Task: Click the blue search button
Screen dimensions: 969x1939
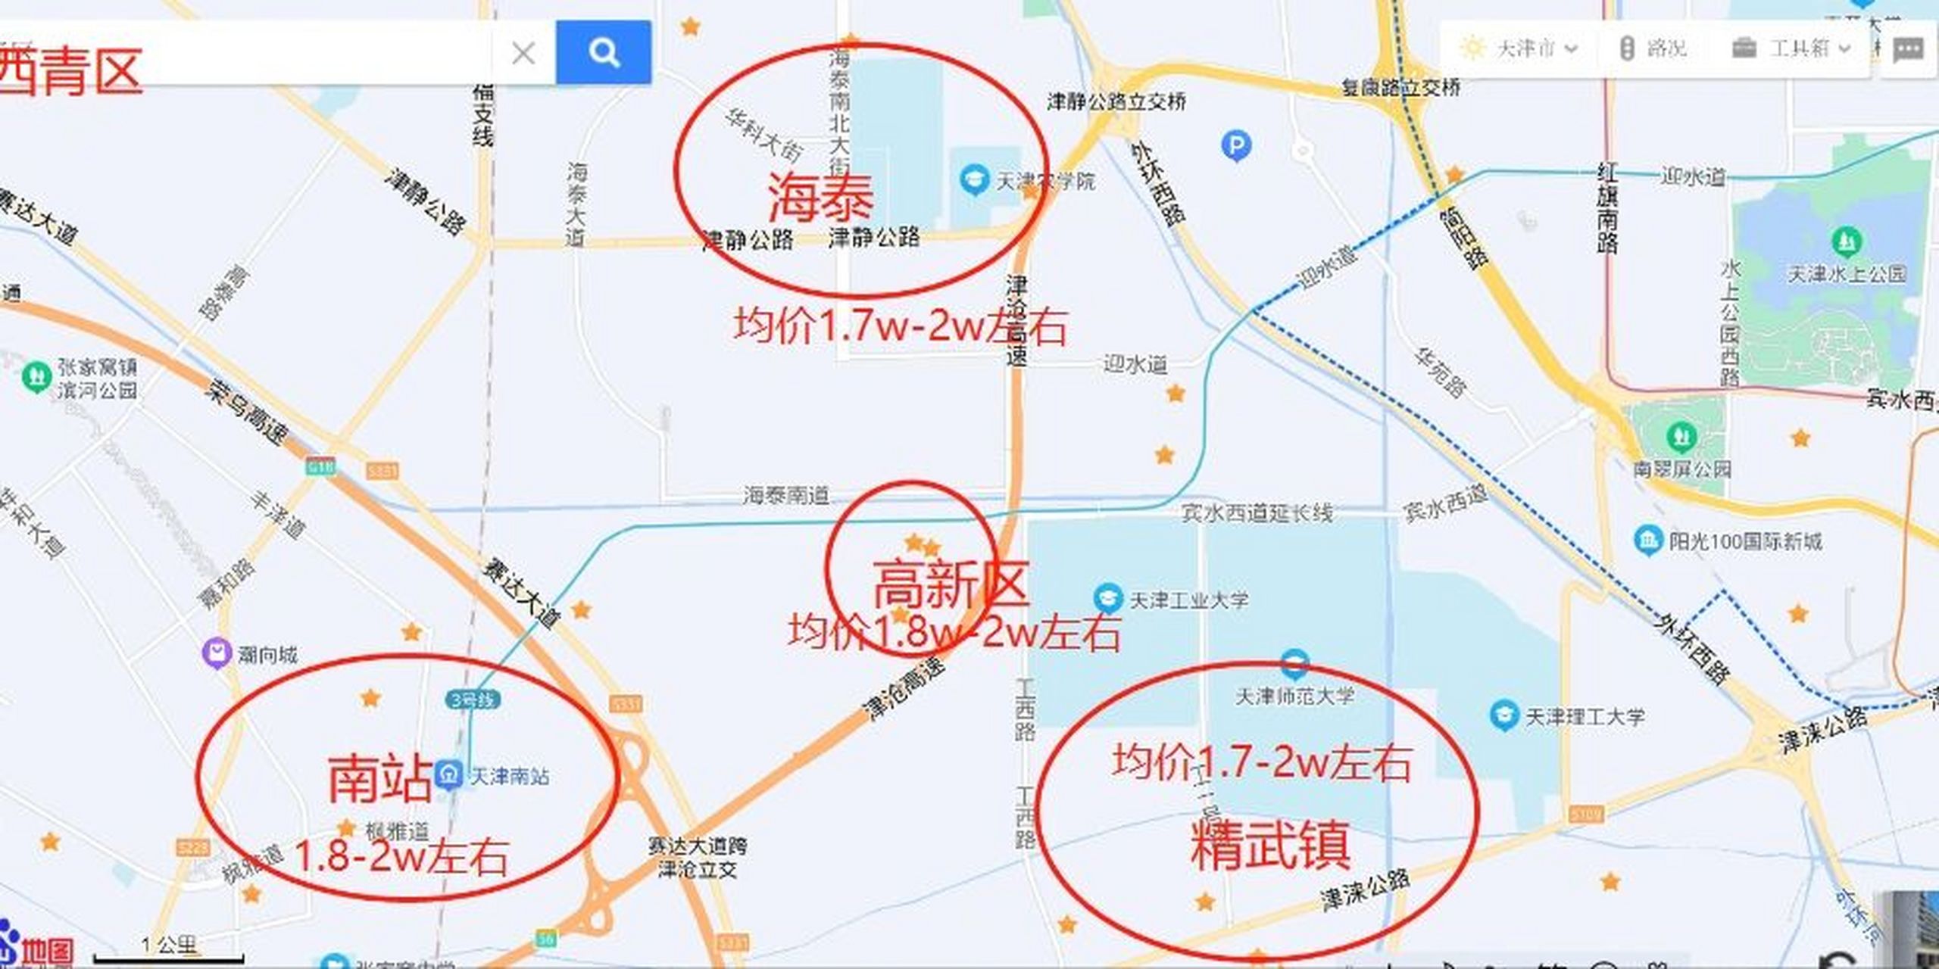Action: (603, 52)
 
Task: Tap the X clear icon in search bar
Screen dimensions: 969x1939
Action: (523, 53)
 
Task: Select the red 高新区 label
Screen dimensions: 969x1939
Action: (951, 584)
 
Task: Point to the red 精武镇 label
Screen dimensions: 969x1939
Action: (1270, 844)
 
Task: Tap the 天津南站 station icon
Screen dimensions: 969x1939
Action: (449, 774)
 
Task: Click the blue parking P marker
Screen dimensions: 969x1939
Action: (1236, 145)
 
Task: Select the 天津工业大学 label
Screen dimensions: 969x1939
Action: (1188, 600)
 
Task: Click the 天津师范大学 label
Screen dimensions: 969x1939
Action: (1294, 696)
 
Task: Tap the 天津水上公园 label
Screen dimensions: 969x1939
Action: (1847, 273)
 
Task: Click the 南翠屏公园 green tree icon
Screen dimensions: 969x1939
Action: (1681, 437)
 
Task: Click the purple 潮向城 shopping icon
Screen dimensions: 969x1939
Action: (217, 653)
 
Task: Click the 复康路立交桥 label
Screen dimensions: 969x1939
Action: (1400, 87)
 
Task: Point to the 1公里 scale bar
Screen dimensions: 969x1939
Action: (168, 949)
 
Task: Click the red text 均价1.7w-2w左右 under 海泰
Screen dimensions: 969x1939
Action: (900, 327)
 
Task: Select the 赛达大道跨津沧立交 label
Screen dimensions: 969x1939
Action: (697, 857)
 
